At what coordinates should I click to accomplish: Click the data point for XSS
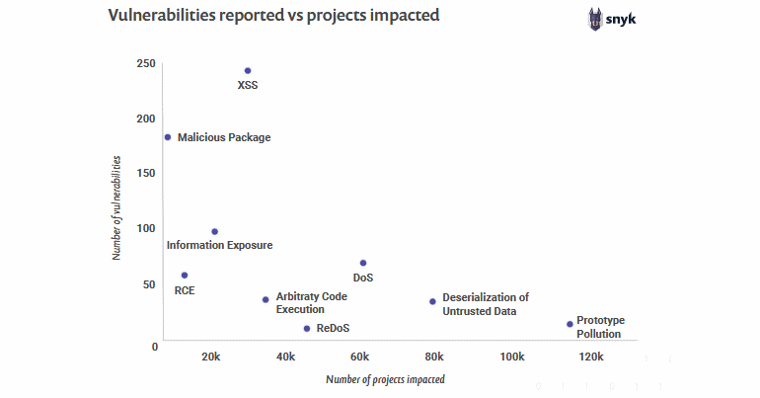coord(248,71)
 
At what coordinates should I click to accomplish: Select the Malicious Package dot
coord(168,137)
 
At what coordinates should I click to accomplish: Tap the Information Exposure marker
coord(214,232)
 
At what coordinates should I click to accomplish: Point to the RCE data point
coord(185,276)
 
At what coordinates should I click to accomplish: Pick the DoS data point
coord(363,263)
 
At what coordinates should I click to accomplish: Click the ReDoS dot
coord(307,328)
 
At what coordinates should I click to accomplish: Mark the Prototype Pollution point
coord(570,324)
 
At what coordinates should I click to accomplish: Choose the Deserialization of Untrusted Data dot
coord(432,301)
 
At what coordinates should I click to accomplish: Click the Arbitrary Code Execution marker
coord(266,299)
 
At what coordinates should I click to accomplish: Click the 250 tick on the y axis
coord(146,64)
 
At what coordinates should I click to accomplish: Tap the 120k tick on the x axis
coord(590,357)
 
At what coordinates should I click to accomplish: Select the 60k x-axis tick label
coord(360,357)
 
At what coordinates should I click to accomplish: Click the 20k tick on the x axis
coord(210,357)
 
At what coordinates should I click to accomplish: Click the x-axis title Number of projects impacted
coord(385,379)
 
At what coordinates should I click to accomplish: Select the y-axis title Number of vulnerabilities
coord(116,206)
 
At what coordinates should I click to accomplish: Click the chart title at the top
coord(273,17)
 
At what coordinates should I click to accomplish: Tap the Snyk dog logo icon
coord(595,19)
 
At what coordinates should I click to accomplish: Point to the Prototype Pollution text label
coord(600,327)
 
